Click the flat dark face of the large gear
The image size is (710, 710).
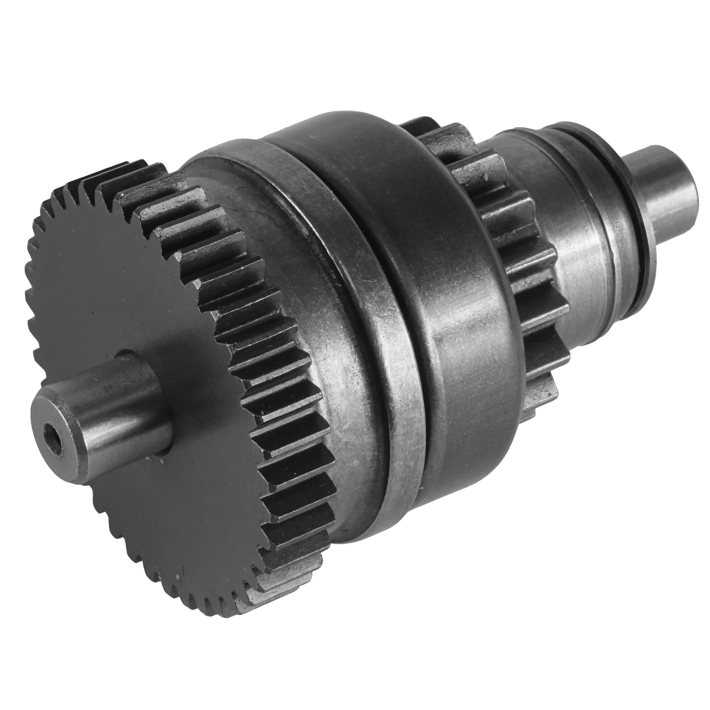tap(133, 284)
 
